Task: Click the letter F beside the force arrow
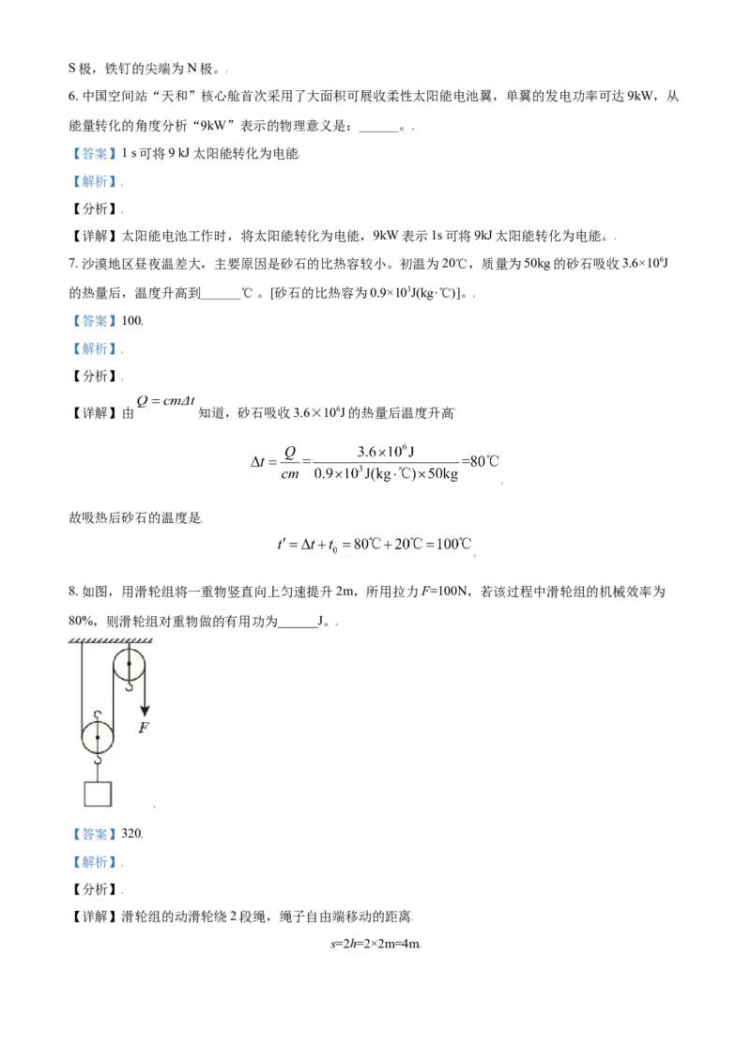click(x=144, y=728)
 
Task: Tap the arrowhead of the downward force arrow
click(x=145, y=711)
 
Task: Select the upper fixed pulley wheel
click(x=130, y=664)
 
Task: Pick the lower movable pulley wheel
click(x=98, y=737)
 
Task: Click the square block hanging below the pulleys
click(x=98, y=793)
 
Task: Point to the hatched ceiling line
click(x=111, y=640)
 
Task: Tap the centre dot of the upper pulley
click(x=130, y=664)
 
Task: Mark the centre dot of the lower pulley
click(x=98, y=737)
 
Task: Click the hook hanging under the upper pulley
click(x=130, y=686)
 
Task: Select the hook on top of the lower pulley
click(x=98, y=716)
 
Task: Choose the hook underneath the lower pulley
click(x=98, y=759)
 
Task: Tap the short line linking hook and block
click(x=98, y=773)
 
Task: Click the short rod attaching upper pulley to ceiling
click(x=130, y=647)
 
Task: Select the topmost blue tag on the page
click(x=94, y=154)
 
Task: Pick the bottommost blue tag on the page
click(x=94, y=860)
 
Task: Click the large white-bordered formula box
click(x=375, y=461)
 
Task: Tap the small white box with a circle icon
click(x=165, y=402)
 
